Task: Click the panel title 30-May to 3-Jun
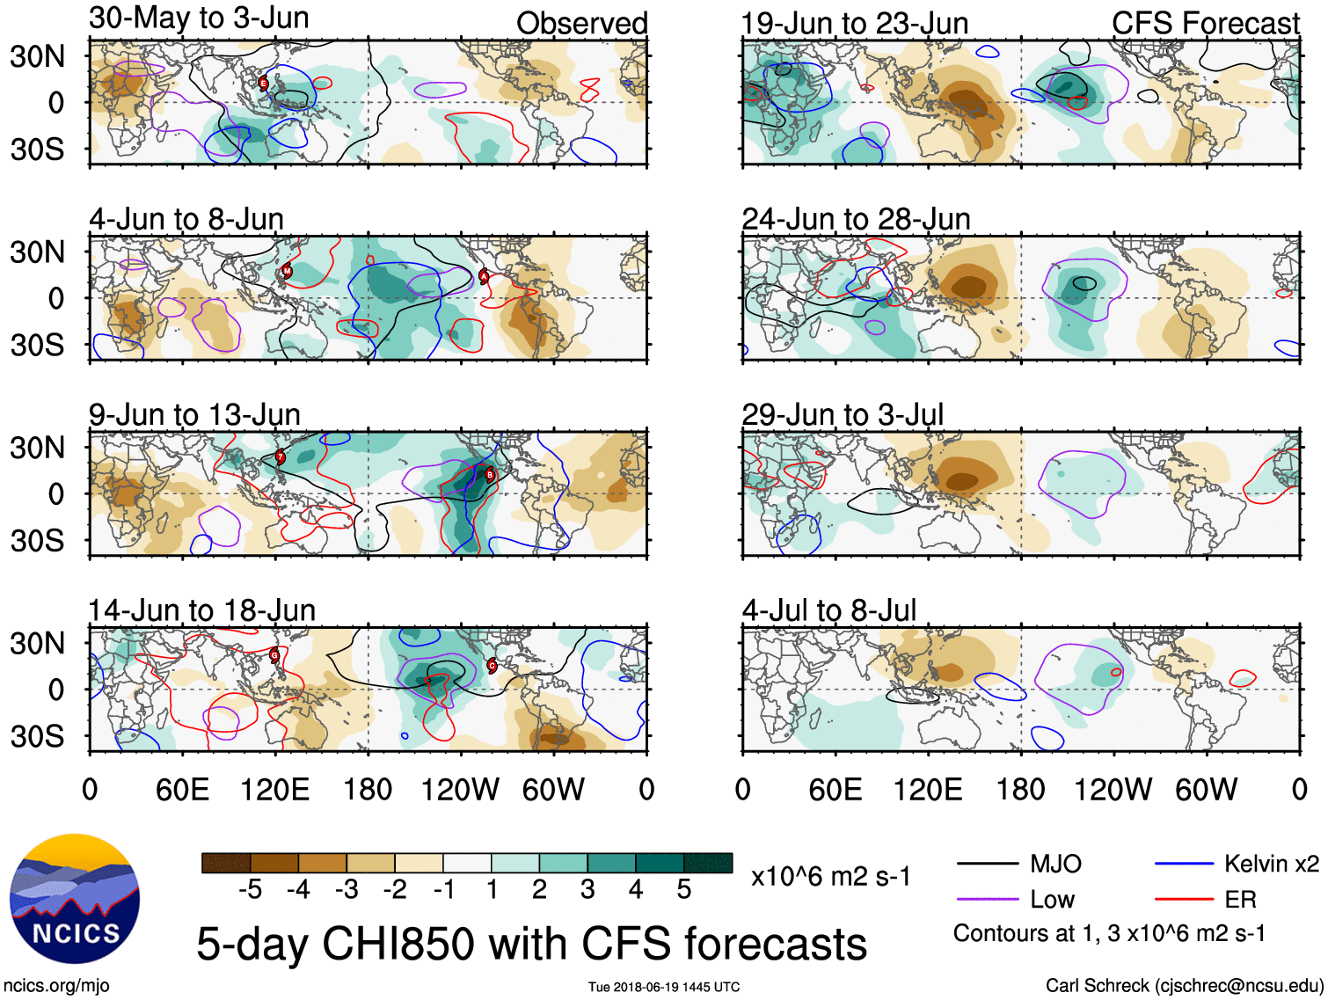click(199, 18)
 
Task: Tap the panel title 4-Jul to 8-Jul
click(828, 609)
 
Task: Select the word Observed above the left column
click(581, 23)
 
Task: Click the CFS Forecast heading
click(1205, 23)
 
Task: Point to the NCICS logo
click(75, 898)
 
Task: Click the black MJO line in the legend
click(987, 864)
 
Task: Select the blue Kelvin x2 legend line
click(1184, 864)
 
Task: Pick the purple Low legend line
click(987, 899)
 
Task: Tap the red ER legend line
click(1184, 899)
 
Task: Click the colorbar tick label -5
click(250, 890)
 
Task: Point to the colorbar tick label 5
click(683, 890)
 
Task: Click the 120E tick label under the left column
click(274, 789)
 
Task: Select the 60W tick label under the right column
click(1206, 789)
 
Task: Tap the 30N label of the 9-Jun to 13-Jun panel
click(37, 448)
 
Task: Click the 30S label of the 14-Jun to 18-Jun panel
click(37, 736)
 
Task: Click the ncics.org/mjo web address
click(56, 985)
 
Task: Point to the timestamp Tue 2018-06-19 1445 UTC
click(664, 987)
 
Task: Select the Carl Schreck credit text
click(1184, 985)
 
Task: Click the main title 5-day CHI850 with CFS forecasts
click(531, 944)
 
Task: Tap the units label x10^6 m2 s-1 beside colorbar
click(830, 876)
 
